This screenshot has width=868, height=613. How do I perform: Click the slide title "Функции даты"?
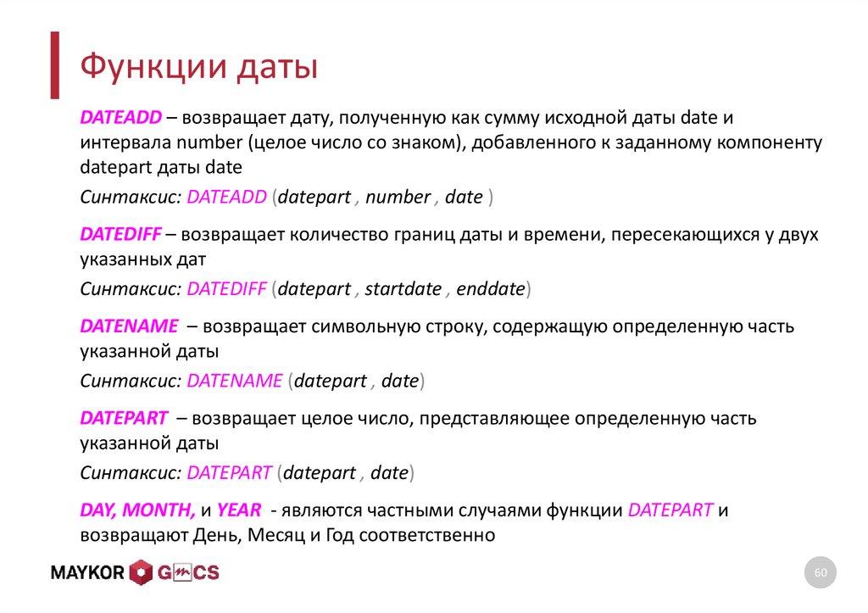click(198, 66)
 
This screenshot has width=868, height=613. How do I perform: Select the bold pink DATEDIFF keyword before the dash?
click(118, 234)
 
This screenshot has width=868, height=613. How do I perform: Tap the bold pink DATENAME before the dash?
click(129, 326)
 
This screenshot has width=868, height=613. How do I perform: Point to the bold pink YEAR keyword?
click(238, 510)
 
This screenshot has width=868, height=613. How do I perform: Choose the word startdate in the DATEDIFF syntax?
click(403, 289)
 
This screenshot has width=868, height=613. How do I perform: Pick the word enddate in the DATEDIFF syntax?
click(491, 289)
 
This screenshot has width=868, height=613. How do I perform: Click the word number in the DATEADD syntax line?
click(398, 197)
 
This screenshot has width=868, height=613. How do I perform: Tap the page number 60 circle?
click(820, 574)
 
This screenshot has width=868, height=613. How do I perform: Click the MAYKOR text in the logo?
click(88, 573)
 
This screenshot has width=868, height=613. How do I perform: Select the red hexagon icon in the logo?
click(142, 573)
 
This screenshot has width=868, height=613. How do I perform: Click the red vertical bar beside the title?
click(54, 64)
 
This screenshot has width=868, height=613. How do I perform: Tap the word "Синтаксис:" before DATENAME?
click(131, 381)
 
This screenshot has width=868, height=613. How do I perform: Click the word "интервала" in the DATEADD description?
click(119, 142)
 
